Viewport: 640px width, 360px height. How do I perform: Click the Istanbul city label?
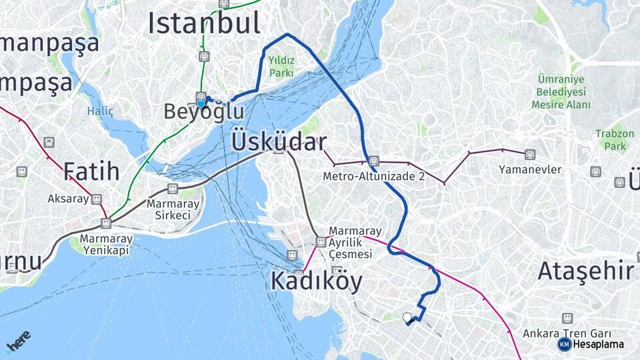coord(204,23)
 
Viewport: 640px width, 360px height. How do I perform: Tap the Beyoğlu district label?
coord(204,111)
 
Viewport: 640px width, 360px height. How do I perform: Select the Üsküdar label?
coord(279,142)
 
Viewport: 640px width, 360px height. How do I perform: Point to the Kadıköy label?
coord(317,281)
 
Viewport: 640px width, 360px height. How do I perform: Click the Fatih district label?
coord(91,171)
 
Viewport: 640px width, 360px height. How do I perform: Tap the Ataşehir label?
coord(585,271)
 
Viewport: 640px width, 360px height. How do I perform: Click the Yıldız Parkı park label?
coord(281,65)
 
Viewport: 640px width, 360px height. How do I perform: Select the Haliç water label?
coord(100,111)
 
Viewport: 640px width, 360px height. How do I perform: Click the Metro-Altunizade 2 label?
coord(374,177)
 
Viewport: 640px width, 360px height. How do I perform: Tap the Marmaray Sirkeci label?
coord(169,209)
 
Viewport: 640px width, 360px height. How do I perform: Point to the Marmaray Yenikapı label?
coord(106,244)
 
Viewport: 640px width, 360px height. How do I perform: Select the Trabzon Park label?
coord(615,139)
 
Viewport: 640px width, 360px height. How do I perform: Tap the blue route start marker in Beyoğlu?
coord(201,103)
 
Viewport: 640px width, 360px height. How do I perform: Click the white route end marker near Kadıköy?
coord(407,317)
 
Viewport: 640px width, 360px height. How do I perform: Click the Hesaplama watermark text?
coord(598,344)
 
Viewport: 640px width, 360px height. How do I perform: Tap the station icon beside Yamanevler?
coord(530,155)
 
